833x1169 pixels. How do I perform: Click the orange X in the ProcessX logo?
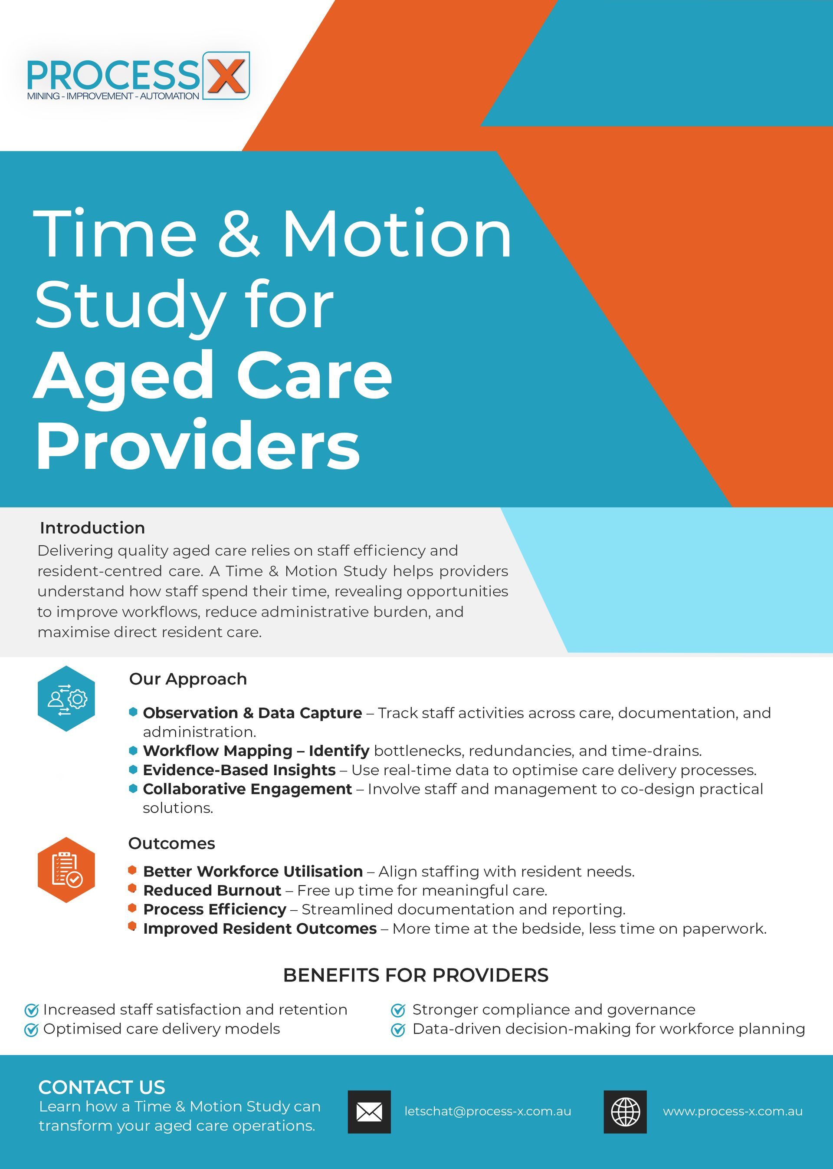tap(226, 76)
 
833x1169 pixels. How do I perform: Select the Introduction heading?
tap(92, 527)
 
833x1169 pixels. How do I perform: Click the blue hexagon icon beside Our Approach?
tap(66, 698)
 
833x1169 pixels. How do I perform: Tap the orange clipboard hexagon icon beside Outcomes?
tap(66, 869)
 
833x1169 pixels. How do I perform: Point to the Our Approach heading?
tap(188, 679)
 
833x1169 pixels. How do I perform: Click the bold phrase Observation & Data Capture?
tap(253, 713)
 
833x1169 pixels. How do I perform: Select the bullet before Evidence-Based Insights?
tap(133, 769)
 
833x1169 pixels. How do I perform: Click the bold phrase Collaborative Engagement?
tap(247, 789)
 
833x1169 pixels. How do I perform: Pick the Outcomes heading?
tap(171, 843)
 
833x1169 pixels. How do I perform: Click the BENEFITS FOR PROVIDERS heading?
tap(416, 975)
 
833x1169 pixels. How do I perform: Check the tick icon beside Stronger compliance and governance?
tap(398, 1010)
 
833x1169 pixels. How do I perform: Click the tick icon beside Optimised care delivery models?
tap(31, 1029)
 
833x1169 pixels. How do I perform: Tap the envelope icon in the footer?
tap(369, 1112)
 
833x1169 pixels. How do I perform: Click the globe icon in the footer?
tap(625, 1112)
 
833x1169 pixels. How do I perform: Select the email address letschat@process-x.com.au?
tap(488, 1112)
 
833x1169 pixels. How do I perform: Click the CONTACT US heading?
tap(102, 1087)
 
